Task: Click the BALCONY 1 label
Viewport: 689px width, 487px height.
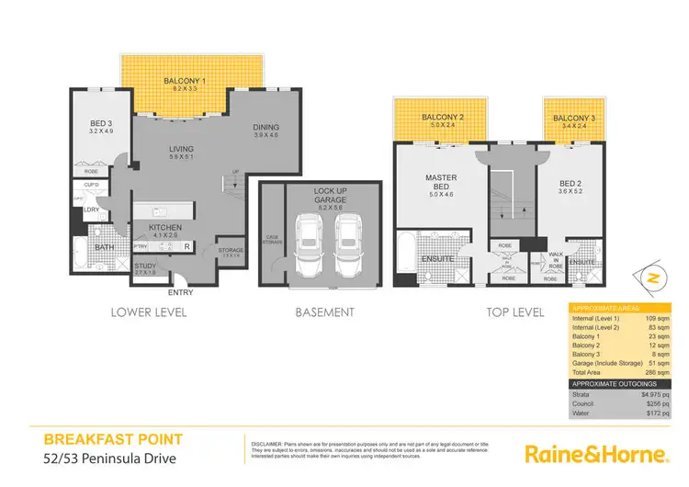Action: [x=182, y=82]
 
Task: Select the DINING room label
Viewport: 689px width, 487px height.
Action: [x=265, y=128]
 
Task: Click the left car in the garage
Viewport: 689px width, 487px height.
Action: [x=309, y=250]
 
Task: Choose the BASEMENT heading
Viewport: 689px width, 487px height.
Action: [x=324, y=312]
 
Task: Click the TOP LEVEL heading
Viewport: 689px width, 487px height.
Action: [x=514, y=312]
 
